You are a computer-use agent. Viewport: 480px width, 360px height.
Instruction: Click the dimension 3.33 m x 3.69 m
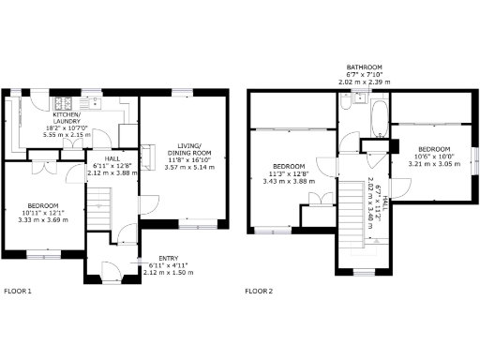[43, 219]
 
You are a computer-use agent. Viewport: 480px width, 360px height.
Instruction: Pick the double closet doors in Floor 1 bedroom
[43, 168]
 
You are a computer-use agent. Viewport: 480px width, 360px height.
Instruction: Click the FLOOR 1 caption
[18, 292]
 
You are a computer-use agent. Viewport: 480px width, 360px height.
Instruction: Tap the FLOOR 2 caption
[259, 292]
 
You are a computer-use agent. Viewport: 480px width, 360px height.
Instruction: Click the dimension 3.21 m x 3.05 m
[434, 162]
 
